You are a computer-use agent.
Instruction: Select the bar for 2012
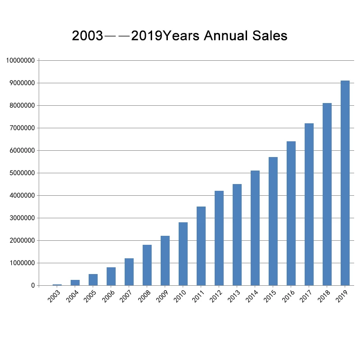tap(219, 238)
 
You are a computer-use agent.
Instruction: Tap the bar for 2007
tap(129, 272)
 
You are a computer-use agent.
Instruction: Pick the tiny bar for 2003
tap(57, 284)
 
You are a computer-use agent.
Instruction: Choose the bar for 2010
tap(183, 254)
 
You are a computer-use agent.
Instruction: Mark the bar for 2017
tap(309, 204)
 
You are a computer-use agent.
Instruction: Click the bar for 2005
tap(93, 279)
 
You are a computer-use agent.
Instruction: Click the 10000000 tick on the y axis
tap(20, 61)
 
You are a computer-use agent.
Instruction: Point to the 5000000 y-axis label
tap(20, 173)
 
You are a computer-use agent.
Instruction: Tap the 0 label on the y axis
tap(33, 286)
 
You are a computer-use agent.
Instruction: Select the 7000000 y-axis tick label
tap(20, 128)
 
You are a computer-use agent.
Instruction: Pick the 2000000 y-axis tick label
tap(20, 241)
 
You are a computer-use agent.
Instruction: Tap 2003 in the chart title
tap(87, 36)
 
